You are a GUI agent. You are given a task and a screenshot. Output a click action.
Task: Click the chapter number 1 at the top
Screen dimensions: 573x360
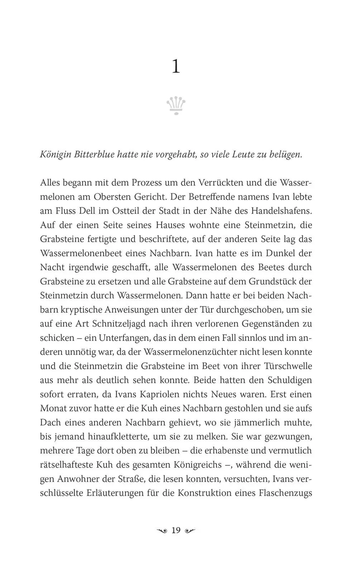176,67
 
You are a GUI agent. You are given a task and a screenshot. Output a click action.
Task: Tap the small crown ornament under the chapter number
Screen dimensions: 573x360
176,106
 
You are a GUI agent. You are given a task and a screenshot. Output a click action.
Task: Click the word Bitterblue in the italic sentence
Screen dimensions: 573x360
94,155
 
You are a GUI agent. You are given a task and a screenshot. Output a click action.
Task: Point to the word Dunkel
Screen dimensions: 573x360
280,253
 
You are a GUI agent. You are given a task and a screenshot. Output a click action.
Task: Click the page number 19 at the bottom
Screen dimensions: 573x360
176,530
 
